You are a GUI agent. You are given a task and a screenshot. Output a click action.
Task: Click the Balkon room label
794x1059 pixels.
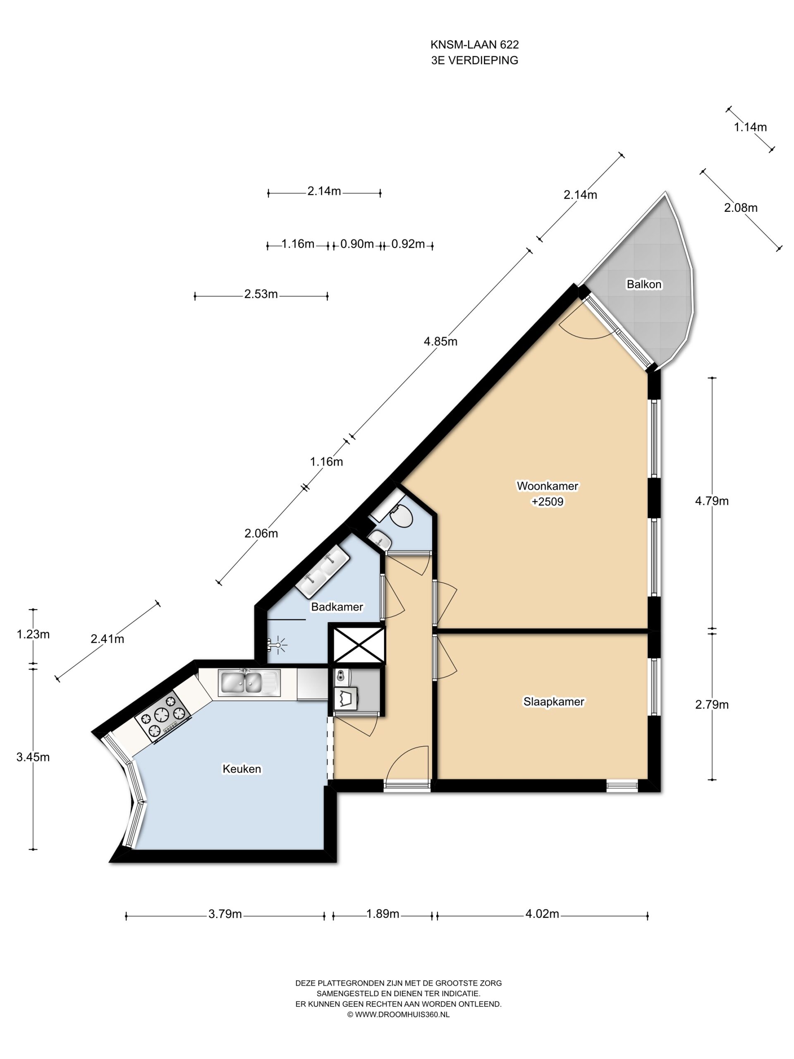(x=644, y=284)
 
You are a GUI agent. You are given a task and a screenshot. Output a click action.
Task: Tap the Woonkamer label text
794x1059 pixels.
(x=547, y=486)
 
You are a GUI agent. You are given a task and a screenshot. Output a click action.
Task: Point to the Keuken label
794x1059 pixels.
(x=242, y=769)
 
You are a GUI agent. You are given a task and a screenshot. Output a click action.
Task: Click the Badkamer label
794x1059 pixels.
(x=337, y=606)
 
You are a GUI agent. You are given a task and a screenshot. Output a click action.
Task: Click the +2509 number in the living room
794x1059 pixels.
(x=548, y=501)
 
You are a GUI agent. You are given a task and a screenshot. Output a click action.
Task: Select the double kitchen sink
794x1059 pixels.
(x=247, y=682)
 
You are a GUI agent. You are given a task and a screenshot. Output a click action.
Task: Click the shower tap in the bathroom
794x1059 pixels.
(x=276, y=645)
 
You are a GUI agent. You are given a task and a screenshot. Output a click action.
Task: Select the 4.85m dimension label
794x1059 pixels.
(x=440, y=341)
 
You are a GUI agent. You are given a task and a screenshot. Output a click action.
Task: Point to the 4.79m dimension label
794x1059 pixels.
(x=712, y=501)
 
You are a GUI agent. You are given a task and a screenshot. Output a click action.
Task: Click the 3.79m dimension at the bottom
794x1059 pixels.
(x=225, y=914)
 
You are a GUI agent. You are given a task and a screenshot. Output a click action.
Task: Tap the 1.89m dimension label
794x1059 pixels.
(x=383, y=914)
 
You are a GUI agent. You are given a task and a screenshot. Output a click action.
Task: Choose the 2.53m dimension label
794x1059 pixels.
(x=261, y=294)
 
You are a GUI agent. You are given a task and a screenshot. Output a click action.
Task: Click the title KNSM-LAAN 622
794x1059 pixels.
(x=474, y=45)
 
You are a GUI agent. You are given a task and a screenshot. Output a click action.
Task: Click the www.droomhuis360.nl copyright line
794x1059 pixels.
(x=398, y=1014)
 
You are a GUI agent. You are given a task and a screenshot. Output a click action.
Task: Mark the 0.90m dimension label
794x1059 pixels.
(x=356, y=244)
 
